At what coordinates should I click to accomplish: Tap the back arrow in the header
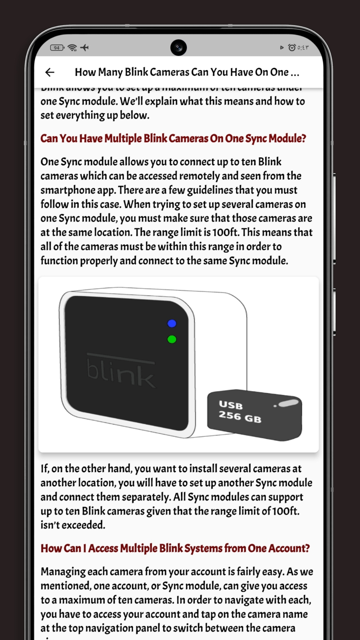50,72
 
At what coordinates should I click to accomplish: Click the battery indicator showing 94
57,48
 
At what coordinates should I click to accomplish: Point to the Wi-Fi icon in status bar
72,48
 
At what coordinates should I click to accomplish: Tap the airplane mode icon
85,48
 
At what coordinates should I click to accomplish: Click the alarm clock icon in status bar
292,48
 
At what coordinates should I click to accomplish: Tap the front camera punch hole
179,48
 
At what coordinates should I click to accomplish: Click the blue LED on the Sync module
172,323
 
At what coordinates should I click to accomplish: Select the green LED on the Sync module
172,339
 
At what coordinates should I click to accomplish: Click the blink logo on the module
121,372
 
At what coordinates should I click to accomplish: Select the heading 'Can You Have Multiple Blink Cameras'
173,138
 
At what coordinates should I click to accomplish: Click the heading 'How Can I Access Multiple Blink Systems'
175,548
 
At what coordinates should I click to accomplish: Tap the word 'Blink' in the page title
136,72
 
